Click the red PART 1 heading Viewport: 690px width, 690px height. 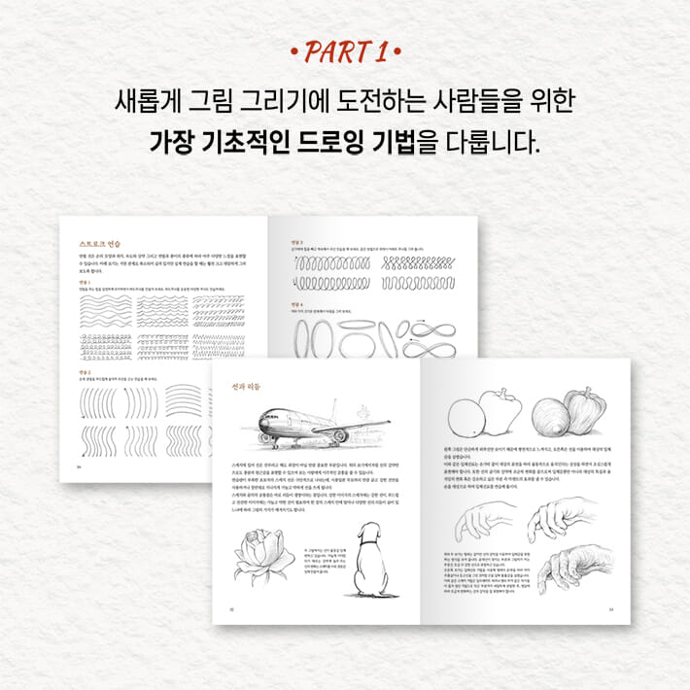click(x=345, y=48)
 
